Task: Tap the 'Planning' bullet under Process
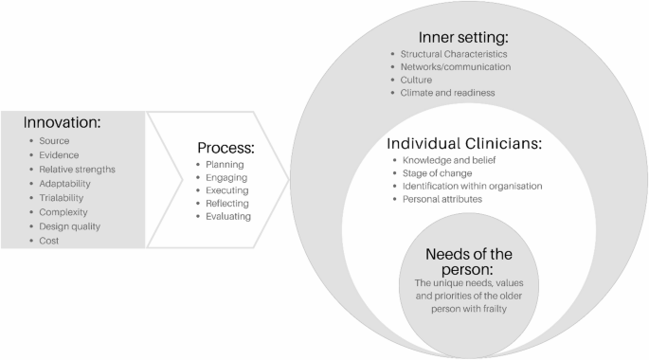pos(225,164)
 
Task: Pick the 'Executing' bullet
pos(228,189)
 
